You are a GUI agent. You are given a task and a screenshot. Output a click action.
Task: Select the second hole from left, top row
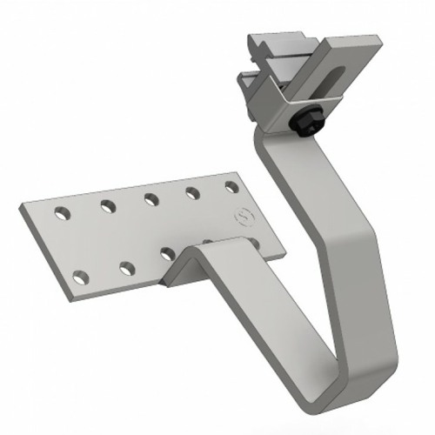coord(107,205)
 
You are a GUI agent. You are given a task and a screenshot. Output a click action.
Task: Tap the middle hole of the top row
coord(151,198)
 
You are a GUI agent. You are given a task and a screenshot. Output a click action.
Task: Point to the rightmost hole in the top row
coord(231,187)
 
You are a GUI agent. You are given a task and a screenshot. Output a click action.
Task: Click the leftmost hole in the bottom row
coord(81,278)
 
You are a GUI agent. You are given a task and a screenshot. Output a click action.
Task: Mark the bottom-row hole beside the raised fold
coord(166,255)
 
